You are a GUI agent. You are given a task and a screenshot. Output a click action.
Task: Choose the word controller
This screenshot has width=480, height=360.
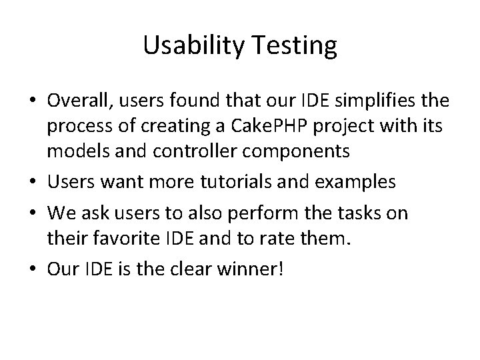coord(180,152)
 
